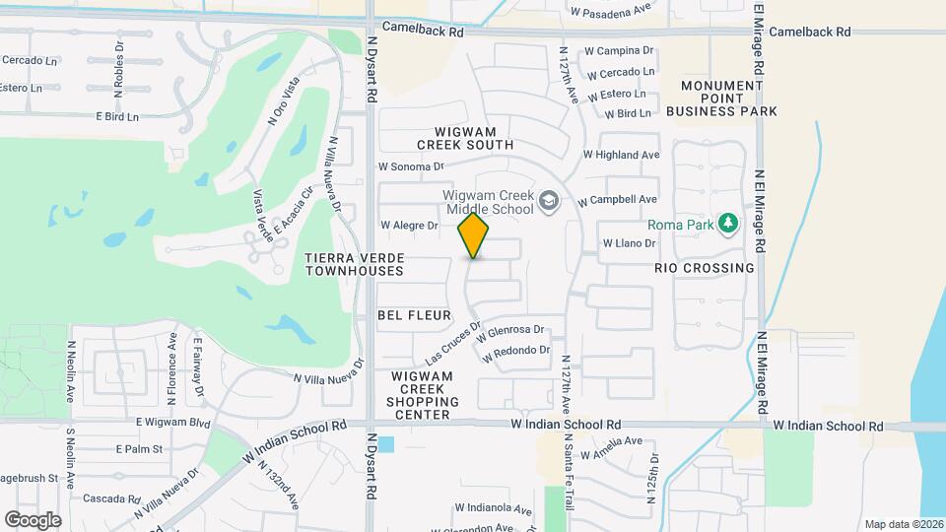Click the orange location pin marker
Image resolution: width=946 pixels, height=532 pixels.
click(474, 234)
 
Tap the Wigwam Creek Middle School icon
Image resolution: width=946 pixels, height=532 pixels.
click(549, 204)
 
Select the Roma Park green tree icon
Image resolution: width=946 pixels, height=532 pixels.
click(728, 224)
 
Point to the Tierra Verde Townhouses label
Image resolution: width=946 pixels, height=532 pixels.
click(355, 264)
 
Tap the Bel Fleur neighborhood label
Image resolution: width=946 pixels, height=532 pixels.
click(414, 315)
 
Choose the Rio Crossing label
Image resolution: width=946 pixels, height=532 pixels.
click(704, 268)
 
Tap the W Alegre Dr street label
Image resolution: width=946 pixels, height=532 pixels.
click(409, 226)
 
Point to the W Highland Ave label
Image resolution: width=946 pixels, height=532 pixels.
click(621, 155)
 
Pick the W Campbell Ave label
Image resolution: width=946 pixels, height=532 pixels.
click(617, 199)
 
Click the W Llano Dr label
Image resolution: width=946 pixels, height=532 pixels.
click(629, 242)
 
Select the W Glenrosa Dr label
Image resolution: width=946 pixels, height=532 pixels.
click(509, 332)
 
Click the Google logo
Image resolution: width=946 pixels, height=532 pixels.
click(33, 519)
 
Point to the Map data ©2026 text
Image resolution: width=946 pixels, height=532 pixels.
click(902, 524)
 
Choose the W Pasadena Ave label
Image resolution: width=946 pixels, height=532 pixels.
click(611, 12)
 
